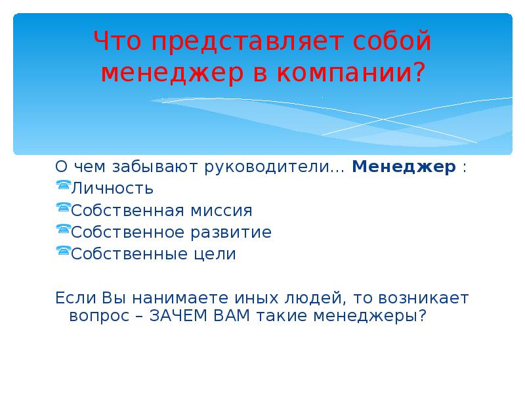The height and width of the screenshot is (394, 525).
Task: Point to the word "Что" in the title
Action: (x=121, y=41)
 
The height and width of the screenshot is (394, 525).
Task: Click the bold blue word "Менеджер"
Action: (x=404, y=167)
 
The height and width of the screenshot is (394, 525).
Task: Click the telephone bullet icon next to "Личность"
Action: (x=63, y=186)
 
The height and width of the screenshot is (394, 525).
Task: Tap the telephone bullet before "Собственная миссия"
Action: (x=63, y=209)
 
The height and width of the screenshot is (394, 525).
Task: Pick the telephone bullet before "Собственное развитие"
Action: (x=63, y=230)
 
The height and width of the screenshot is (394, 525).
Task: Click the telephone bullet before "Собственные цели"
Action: (x=63, y=252)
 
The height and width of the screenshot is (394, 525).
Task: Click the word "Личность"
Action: (x=112, y=189)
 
